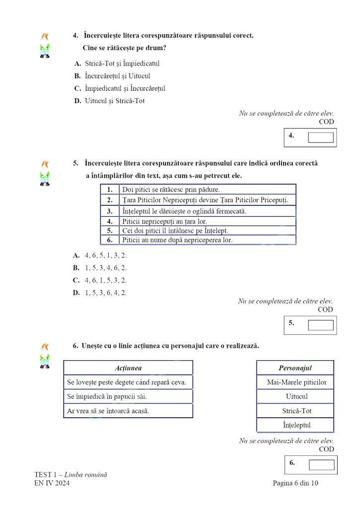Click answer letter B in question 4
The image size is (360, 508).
pos(77,76)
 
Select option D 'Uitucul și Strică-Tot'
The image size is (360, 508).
pos(114,101)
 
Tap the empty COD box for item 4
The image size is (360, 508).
pos(320,137)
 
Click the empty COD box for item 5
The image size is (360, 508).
pos(320,325)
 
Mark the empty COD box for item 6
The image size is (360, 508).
pos(321,465)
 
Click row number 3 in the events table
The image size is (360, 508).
pos(110,211)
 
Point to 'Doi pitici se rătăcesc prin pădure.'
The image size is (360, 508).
pos(171,190)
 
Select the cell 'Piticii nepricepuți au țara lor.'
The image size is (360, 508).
pos(164,221)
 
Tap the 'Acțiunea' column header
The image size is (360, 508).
pos(128,368)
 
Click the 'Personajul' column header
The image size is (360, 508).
pos(295,368)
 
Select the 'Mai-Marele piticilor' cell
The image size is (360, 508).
pos(295,382)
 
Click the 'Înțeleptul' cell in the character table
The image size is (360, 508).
pos(295,425)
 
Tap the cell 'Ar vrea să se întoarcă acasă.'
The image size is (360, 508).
pos(108,411)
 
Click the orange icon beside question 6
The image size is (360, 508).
pos(45,346)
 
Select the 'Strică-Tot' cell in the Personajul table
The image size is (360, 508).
pos(295,411)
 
